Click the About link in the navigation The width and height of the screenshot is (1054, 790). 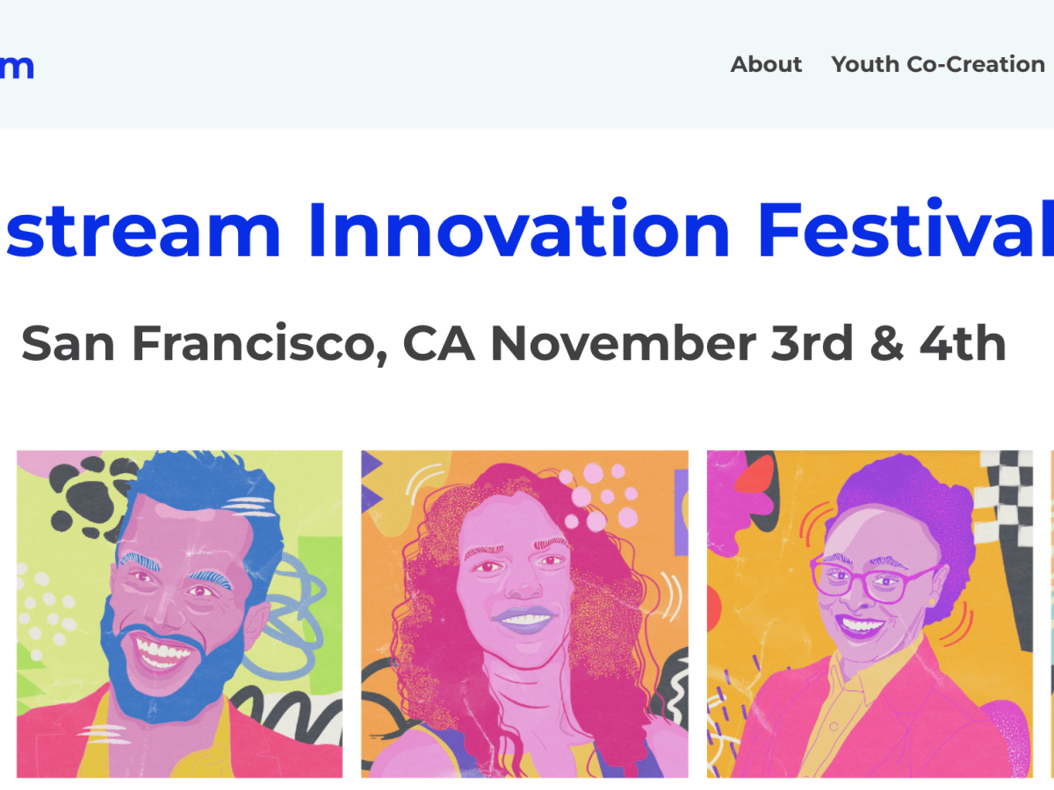click(766, 64)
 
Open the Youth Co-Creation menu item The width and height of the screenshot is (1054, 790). click(937, 64)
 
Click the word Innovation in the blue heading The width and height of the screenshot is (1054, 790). click(518, 231)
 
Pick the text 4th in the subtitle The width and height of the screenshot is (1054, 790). click(963, 343)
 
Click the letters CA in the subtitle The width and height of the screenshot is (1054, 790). click(438, 343)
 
